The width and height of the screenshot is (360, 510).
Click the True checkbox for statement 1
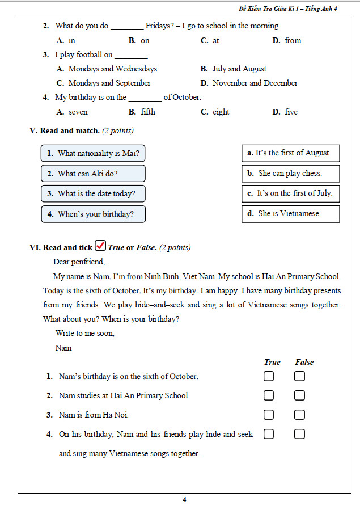tap(268, 376)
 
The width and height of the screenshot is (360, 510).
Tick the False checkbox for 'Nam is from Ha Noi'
tap(299, 415)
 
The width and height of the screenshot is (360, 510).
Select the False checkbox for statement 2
tap(299, 395)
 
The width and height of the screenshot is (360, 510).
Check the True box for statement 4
tap(268, 434)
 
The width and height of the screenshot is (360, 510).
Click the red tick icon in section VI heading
tap(100, 246)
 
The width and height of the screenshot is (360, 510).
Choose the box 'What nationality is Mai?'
tap(93, 153)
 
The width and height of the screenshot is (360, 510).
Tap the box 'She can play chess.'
tap(290, 174)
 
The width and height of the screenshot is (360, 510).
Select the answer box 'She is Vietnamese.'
tap(290, 214)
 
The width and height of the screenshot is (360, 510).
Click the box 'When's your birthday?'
tap(93, 214)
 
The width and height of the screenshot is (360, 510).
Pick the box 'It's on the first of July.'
tap(290, 193)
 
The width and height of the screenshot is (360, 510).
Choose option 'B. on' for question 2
tap(139, 40)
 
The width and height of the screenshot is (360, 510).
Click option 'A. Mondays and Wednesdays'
tap(107, 69)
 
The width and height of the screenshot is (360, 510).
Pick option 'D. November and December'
tap(249, 83)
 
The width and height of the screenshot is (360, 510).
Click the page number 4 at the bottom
tap(184, 500)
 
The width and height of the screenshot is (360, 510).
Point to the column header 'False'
tap(304, 362)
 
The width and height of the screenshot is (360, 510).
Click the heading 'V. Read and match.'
tap(64, 131)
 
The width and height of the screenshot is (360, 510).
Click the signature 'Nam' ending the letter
tap(63, 348)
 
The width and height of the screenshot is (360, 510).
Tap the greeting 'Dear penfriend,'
tap(79, 262)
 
